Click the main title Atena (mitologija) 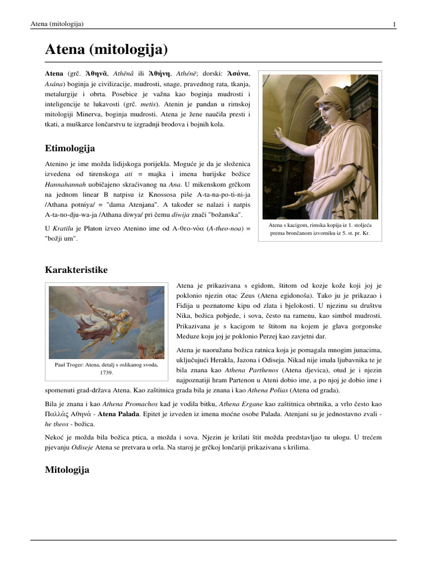point(106,51)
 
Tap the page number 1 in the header point(394,24)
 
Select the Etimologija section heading point(69,148)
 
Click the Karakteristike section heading point(76,269)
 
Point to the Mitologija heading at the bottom point(67,470)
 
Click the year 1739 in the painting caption point(106,373)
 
